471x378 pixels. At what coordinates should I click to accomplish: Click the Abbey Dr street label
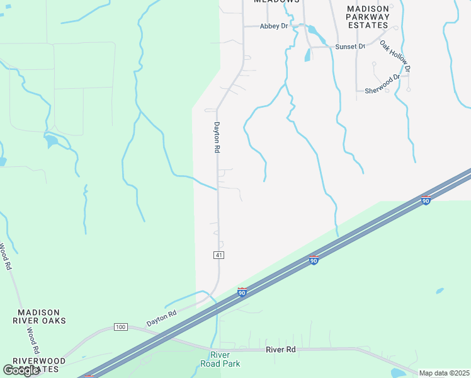(x=275, y=26)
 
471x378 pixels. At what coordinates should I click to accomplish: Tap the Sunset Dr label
(x=350, y=47)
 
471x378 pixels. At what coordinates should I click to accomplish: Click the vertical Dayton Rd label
(x=217, y=137)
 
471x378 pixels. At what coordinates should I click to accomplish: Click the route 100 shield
(x=121, y=327)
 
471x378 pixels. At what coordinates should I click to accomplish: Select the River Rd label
(x=281, y=349)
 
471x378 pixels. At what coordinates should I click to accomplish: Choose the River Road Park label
(x=220, y=359)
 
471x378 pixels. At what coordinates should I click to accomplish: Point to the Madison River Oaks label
(x=39, y=316)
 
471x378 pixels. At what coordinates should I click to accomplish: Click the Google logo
(x=21, y=370)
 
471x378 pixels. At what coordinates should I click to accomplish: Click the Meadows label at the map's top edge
(x=276, y=2)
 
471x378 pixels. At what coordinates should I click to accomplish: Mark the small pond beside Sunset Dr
(x=307, y=56)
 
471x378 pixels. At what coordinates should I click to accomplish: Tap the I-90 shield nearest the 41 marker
(x=242, y=292)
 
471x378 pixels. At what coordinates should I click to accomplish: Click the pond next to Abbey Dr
(x=314, y=30)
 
